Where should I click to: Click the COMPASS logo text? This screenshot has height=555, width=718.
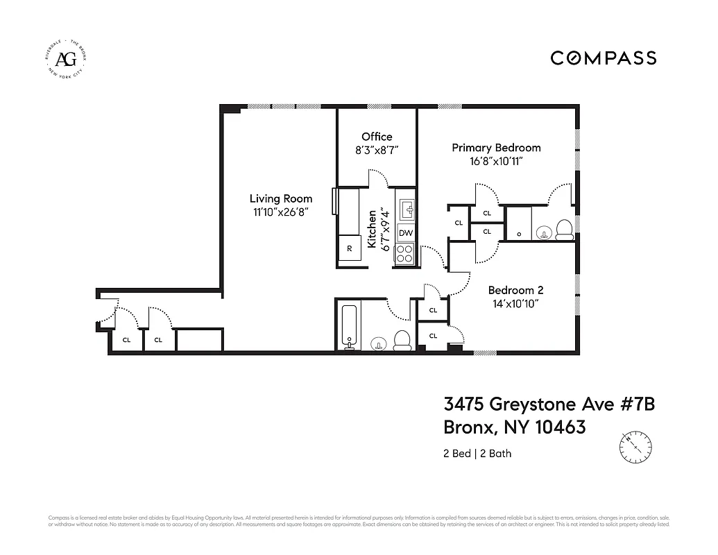(x=603, y=58)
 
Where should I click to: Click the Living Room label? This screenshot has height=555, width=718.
(x=281, y=199)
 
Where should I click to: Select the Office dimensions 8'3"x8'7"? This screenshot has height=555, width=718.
(x=377, y=150)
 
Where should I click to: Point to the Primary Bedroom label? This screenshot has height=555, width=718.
(x=496, y=148)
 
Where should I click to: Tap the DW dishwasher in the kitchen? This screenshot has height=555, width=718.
(x=406, y=233)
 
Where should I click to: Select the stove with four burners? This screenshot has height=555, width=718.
(x=405, y=254)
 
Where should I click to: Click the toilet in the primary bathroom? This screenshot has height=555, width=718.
(x=564, y=229)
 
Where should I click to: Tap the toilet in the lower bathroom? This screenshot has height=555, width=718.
(x=402, y=340)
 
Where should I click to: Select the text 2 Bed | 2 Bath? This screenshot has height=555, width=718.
(x=477, y=454)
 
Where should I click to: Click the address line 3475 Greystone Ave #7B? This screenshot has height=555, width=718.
(x=549, y=404)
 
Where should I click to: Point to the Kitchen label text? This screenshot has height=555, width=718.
(x=372, y=230)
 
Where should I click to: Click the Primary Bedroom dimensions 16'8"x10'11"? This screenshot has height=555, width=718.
(x=496, y=162)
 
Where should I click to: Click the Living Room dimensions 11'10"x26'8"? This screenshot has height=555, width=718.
(x=281, y=213)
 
